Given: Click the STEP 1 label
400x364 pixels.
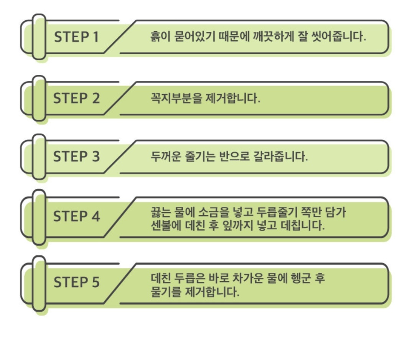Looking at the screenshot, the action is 76,37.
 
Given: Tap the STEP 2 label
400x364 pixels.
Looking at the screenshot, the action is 76,98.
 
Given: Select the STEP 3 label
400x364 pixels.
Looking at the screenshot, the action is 76,156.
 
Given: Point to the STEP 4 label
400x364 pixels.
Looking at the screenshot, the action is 76,216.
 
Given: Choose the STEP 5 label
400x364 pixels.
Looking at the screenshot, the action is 76,282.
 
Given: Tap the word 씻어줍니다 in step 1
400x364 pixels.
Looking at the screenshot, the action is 339,36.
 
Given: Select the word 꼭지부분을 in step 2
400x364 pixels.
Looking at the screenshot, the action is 176,98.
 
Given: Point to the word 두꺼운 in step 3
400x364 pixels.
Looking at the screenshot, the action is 166,156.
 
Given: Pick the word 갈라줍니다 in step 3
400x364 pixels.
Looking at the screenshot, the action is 280,156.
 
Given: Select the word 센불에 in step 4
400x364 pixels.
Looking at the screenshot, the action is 166,226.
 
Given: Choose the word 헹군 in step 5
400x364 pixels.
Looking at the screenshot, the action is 301,278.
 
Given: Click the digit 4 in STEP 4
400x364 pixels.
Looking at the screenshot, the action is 95,217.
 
